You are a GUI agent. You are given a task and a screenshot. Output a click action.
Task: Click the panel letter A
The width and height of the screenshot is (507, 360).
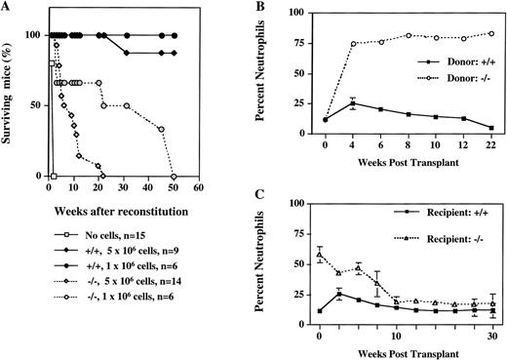click(8, 8)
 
